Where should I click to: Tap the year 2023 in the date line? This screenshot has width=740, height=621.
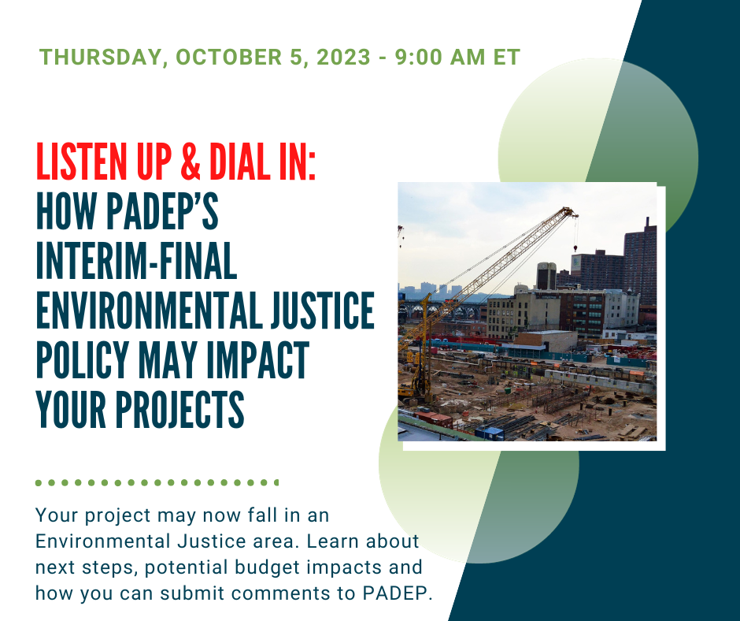point(343,57)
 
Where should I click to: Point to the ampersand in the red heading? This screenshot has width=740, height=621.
point(191,162)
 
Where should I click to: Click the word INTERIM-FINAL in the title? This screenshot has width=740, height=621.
point(136,261)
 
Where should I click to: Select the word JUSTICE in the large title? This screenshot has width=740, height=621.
point(322,310)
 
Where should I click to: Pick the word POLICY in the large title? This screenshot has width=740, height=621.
point(83,360)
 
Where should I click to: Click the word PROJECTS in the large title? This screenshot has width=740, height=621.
point(179,410)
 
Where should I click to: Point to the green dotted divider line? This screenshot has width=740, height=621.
point(157,482)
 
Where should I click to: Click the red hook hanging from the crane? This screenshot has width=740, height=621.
point(575,247)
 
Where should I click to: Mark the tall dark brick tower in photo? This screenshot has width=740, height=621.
point(640,265)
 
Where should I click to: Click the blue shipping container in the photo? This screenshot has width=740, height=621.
point(490,432)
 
